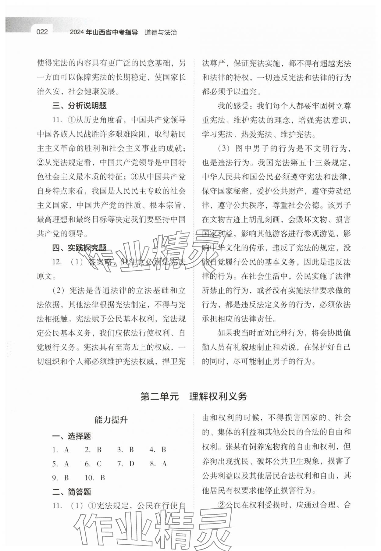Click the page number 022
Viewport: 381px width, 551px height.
(42, 32)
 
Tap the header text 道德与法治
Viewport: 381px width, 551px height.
(161, 33)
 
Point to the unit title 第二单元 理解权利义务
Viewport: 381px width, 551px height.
(194, 396)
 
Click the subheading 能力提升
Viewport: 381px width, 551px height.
(111, 420)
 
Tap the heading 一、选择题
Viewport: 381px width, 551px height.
(71, 436)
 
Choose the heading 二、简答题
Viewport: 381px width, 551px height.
(71, 492)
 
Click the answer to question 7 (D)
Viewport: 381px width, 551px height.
(132, 464)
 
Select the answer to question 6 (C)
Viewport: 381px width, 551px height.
(99, 464)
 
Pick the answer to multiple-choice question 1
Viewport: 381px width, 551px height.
(67, 450)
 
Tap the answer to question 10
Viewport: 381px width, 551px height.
(102, 478)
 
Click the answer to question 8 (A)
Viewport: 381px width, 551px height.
(164, 464)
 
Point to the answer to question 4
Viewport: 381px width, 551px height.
(164, 450)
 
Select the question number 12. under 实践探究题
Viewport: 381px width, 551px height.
(57, 262)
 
